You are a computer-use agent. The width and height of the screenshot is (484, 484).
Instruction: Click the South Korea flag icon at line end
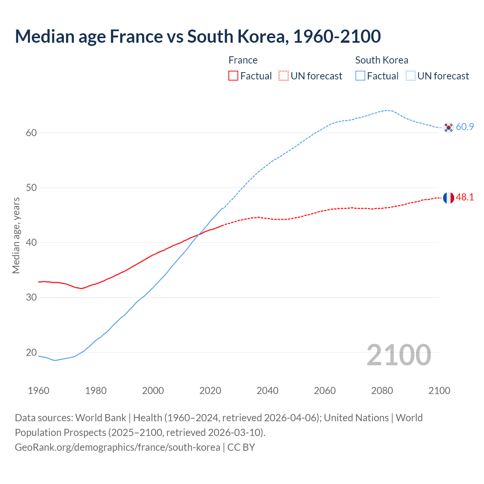click(x=448, y=127)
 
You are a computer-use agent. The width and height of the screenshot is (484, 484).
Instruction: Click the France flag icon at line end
click(x=448, y=198)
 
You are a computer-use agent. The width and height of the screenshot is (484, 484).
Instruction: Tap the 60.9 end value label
click(x=465, y=127)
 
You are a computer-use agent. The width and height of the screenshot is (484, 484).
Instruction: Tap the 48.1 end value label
click(x=465, y=197)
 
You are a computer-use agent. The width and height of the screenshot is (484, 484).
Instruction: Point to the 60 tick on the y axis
click(x=31, y=133)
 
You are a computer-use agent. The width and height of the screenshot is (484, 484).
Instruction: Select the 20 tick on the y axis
click(x=31, y=352)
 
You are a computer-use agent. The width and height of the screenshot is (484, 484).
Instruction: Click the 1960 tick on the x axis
click(x=39, y=391)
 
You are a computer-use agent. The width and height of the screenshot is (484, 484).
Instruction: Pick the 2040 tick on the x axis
click(x=267, y=391)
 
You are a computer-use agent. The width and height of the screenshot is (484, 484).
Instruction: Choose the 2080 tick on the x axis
click(x=382, y=391)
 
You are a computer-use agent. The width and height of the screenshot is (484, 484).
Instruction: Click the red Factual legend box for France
click(x=233, y=76)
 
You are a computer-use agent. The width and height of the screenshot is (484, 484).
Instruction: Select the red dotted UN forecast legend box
click(x=284, y=76)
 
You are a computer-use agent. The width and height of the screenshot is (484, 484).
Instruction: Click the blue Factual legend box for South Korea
click(x=360, y=76)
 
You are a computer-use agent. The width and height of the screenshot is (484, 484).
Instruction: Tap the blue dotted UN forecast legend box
click(x=411, y=76)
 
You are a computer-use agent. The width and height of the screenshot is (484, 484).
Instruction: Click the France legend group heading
click(x=243, y=60)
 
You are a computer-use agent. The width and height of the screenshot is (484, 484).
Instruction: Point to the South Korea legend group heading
click(x=382, y=60)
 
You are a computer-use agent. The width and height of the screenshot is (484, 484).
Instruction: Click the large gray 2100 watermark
click(x=399, y=355)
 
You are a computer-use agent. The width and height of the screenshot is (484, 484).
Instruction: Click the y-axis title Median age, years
click(x=16, y=235)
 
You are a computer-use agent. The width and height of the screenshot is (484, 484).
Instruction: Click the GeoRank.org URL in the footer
click(x=118, y=447)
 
